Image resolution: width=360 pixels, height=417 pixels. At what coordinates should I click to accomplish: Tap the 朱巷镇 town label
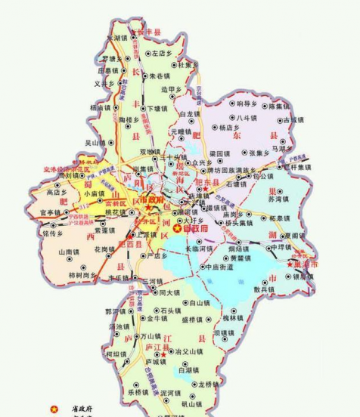162,76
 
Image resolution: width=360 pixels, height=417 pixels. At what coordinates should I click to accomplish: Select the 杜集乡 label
188,65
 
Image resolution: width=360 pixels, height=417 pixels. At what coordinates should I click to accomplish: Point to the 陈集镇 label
284,106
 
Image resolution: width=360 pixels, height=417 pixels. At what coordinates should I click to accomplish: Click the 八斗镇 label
247,119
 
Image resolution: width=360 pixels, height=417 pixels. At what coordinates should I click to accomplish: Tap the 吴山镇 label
95,142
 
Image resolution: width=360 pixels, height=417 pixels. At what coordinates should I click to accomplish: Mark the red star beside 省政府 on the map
178,227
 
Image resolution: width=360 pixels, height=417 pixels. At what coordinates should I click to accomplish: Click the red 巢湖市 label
304,265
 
